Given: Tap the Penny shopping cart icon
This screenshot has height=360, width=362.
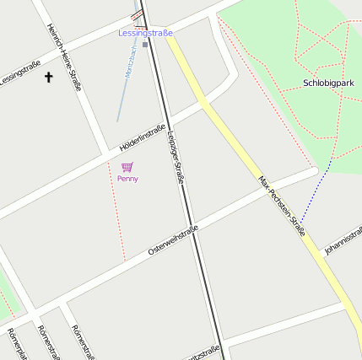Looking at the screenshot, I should tap(127, 167).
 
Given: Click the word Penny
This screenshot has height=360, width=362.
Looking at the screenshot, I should tap(127, 179).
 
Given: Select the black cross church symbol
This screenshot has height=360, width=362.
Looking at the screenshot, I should tap(48, 78).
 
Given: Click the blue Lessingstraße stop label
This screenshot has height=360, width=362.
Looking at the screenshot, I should tap(145, 33).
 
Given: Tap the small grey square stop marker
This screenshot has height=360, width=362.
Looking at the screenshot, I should tap(145, 45).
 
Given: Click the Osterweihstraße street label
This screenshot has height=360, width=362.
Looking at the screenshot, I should tap(172, 240).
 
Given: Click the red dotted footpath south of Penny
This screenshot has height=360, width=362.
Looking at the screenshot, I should tap(117, 223).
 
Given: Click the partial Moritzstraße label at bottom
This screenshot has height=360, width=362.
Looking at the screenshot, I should tap(206, 352).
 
